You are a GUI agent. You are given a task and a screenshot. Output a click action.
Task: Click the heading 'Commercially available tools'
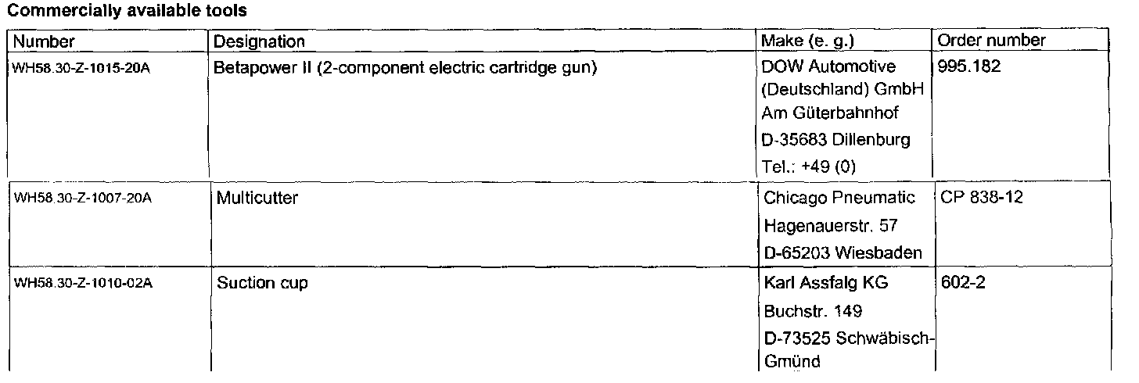(128, 11)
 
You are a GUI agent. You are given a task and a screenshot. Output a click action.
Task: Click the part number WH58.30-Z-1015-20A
(81, 68)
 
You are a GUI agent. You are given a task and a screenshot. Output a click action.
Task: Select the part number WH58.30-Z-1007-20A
(83, 199)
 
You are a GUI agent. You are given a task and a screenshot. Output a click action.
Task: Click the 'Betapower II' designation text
(405, 67)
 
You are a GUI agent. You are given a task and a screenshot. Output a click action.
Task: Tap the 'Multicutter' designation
(257, 199)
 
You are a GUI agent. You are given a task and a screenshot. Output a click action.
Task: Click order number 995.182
(969, 67)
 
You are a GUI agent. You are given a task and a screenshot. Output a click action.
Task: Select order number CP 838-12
(982, 199)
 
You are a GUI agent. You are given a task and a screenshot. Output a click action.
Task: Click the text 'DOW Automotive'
(828, 67)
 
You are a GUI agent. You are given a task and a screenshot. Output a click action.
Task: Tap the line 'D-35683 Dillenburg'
(835, 141)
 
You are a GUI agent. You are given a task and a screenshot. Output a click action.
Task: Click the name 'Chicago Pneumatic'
(839, 199)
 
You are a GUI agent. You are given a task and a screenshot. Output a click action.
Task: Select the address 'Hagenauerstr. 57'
(830, 226)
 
